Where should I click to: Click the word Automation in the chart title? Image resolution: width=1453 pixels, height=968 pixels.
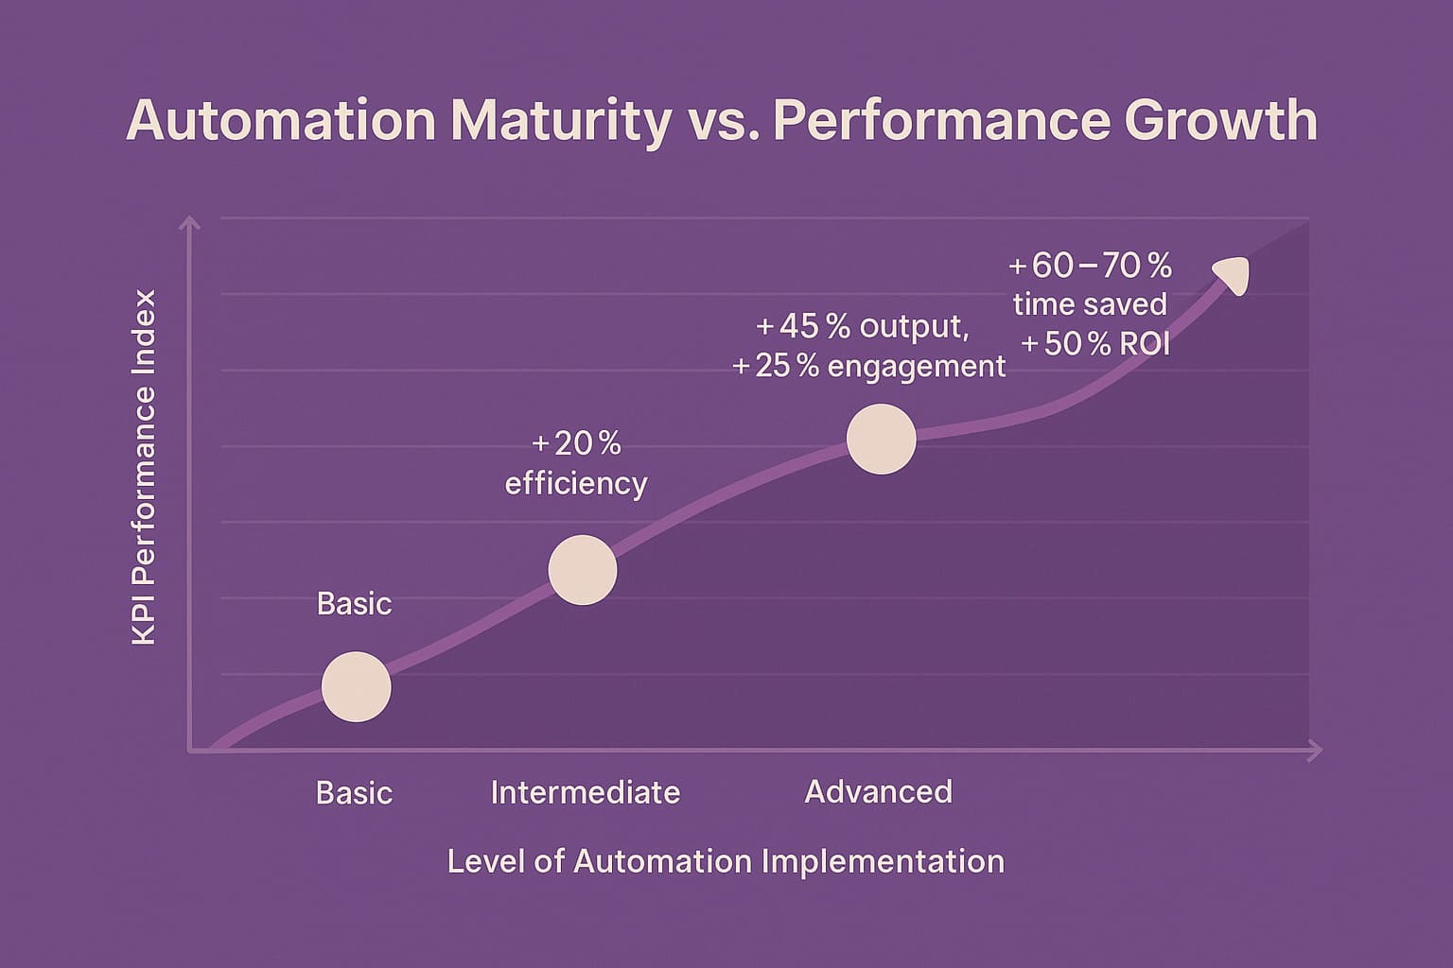coord(281,121)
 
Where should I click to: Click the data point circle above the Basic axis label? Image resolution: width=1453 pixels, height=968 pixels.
coord(356,687)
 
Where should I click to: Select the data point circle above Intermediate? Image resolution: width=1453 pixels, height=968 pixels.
coord(583,570)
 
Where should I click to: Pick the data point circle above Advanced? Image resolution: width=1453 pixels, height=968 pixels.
coord(881,439)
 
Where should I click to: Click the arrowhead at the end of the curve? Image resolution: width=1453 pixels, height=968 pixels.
coord(1232,274)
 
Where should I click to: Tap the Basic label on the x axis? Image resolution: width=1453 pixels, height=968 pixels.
coord(354,792)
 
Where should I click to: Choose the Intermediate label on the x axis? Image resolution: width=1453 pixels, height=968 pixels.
coord(585,792)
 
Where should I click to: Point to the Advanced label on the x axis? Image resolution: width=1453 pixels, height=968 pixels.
coord(878,791)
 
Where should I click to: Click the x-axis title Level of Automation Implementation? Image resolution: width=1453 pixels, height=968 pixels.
coord(725,861)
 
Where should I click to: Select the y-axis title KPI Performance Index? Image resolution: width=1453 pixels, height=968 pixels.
coord(144,468)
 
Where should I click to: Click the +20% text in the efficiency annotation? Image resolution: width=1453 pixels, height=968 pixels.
coord(576,443)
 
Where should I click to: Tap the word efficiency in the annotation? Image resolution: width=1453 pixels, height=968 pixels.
coord(576,483)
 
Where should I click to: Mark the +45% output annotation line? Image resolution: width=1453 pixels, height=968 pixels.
coord(862,326)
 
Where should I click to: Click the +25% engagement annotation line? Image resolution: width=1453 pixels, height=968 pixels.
coord(868,366)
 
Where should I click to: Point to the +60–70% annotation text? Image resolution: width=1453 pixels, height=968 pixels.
coord(1090,266)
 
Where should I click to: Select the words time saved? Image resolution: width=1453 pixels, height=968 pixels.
coord(1090,304)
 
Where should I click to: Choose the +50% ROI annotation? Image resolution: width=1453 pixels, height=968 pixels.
coord(1095,344)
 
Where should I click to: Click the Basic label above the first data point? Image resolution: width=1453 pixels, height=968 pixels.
coord(354,603)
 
